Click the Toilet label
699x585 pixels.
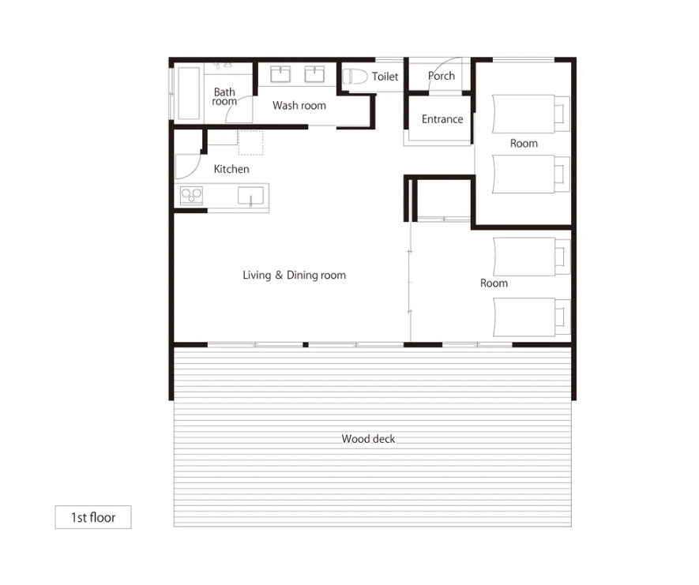(x=385, y=77)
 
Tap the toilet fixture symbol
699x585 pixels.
(x=355, y=77)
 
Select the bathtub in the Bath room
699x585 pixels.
(x=189, y=94)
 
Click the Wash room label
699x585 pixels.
(x=299, y=106)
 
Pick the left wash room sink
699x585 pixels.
(x=280, y=74)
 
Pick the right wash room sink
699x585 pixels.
(x=314, y=74)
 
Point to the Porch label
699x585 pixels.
(x=442, y=76)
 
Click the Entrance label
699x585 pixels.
(x=442, y=119)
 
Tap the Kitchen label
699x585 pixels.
(x=231, y=169)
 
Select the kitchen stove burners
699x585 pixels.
(x=191, y=196)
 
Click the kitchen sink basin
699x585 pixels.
(x=250, y=196)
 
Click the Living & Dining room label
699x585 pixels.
(x=295, y=276)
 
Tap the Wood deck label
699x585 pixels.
(x=368, y=439)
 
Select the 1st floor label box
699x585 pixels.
(x=93, y=517)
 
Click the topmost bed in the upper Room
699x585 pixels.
(x=531, y=114)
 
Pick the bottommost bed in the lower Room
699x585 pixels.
(x=532, y=317)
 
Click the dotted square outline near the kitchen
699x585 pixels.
(x=250, y=143)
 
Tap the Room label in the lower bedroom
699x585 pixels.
(x=494, y=283)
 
